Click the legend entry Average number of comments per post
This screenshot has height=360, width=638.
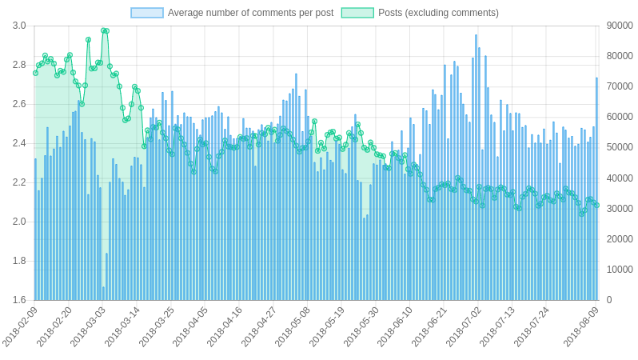(x=250, y=13)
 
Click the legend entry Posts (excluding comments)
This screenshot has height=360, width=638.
(x=438, y=13)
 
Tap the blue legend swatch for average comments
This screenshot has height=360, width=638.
(x=147, y=13)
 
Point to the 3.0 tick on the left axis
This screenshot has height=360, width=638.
(x=19, y=26)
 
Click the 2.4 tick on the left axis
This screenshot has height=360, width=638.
(x=19, y=143)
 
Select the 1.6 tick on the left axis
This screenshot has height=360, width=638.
(x=19, y=300)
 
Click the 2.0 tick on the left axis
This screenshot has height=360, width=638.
(x=19, y=222)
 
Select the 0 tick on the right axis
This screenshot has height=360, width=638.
(x=609, y=300)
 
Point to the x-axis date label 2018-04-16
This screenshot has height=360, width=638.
(x=225, y=328)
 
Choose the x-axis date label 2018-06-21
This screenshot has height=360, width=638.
(x=430, y=328)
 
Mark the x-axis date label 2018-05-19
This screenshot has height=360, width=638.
(x=328, y=328)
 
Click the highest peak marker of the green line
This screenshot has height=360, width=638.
(x=105, y=30)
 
